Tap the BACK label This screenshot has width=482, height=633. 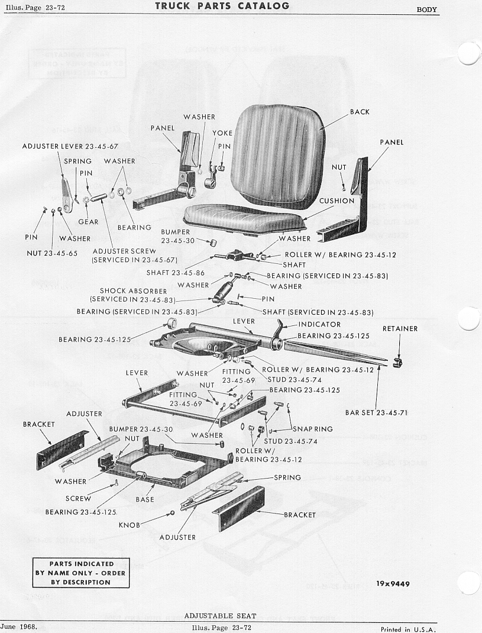(x=360, y=112)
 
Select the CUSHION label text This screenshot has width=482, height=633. (x=337, y=201)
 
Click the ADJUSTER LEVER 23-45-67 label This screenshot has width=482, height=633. (x=70, y=146)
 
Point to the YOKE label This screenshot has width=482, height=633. (x=222, y=133)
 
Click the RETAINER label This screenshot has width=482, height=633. (x=400, y=328)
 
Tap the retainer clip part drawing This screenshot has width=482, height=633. (x=397, y=362)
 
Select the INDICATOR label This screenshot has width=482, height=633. (x=319, y=324)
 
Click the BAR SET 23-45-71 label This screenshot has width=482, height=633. (x=376, y=412)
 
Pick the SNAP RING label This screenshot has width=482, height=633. (x=312, y=429)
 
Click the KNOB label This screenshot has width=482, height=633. (x=129, y=525)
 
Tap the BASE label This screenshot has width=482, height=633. (x=145, y=499)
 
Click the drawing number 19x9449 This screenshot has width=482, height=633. (x=393, y=584)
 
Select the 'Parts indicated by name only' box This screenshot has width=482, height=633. (x=81, y=573)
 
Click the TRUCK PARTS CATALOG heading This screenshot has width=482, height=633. (x=222, y=6)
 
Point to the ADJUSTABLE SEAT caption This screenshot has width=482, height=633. (x=220, y=616)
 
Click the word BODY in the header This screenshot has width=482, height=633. (x=426, y=9)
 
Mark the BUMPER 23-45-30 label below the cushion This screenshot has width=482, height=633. (x=176, y=236)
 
